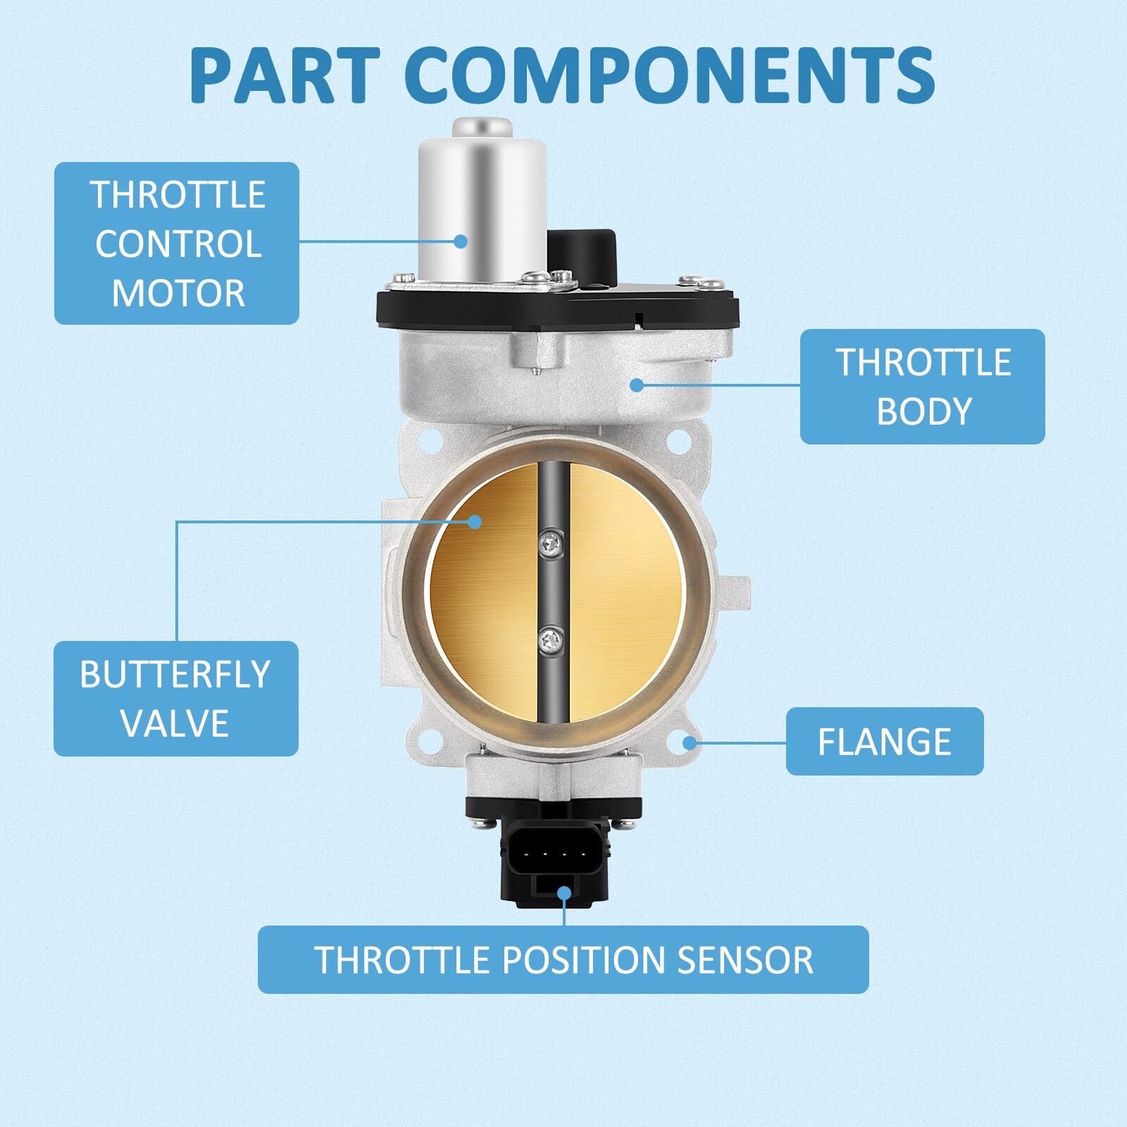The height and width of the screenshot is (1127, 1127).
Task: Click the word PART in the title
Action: [x=285, y=75]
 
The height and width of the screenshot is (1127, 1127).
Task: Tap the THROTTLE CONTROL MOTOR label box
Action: [x=177, y=243]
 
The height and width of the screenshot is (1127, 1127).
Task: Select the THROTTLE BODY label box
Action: [x=923, y=386]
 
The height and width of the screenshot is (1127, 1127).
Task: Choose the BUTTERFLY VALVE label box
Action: [x=176, y=699]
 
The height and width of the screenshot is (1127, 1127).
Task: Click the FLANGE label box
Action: [x=885, y=741]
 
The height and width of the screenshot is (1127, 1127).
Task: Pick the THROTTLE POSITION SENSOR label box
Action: [x=563, y=959]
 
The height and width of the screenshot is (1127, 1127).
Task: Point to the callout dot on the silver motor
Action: [x=461, y=241]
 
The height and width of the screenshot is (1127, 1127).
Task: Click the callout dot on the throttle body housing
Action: [x=637, y=385]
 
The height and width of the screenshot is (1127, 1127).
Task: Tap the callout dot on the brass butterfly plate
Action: [x=475, y=521]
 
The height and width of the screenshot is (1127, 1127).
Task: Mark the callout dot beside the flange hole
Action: [x=690, y=742]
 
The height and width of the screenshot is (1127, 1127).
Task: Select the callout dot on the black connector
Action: [x=564, y=893]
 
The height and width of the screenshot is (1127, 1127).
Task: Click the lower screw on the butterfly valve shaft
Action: [x=551, y=640]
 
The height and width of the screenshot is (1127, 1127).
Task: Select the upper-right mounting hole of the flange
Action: [x=678, y=442]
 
